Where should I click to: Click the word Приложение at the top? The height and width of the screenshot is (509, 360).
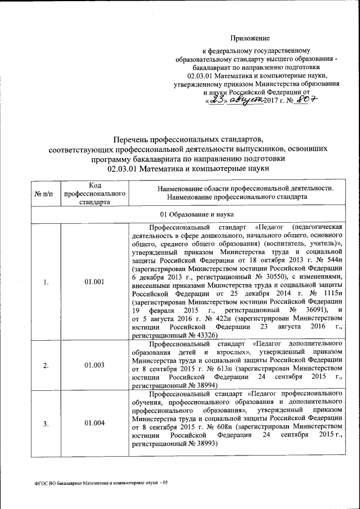[250, 38]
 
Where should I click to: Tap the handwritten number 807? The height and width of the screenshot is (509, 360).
[308, 100]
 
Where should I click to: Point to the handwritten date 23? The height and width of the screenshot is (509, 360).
[217, 100]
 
